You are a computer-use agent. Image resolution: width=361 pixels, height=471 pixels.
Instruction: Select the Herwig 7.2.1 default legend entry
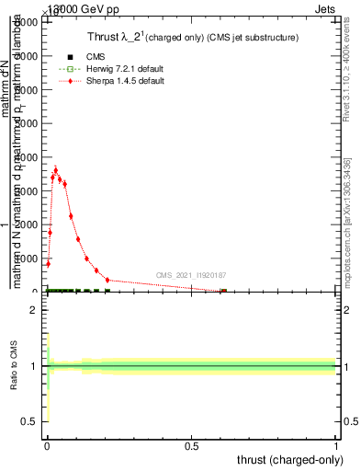[118, 69]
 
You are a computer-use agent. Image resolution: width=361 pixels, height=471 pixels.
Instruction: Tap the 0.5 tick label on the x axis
[192, 445]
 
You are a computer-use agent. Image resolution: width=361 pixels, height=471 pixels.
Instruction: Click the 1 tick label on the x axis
[336, 445]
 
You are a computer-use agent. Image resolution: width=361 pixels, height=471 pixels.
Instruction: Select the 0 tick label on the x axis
[47, 445]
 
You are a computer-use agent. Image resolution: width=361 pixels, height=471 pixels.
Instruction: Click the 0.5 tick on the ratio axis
[28, 421]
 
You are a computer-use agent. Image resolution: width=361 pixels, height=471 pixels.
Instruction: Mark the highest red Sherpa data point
[55, 170]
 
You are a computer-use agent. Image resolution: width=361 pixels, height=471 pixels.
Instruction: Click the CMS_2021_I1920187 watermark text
[191, 275]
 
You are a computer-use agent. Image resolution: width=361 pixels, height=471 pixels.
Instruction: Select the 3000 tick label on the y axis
[29, 191]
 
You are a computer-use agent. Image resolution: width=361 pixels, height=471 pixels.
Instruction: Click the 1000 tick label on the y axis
[29, 258]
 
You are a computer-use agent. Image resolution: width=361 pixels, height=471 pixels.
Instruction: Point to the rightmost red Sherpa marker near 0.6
[223, 292]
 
